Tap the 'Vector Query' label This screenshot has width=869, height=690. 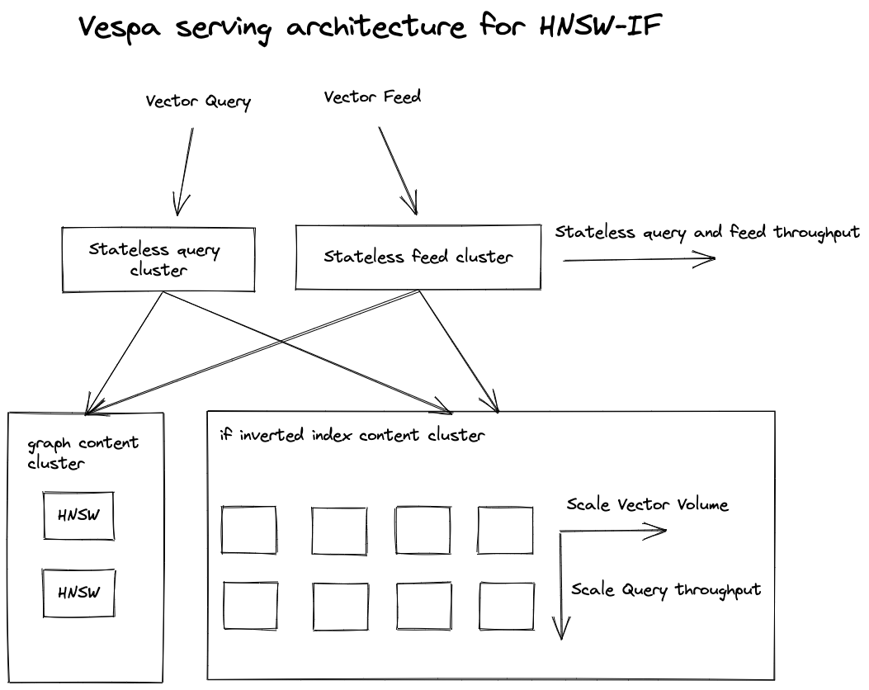click(198, 102)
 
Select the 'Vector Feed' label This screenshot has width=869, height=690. click(372, 97)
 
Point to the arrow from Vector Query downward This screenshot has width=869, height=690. click(184, 172)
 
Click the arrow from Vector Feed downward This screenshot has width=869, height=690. click(398, 171)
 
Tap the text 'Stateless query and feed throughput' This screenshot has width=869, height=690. click(708, 232)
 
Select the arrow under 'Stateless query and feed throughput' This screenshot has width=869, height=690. click(640, 259)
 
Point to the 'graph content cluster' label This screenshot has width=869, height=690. click(83, 453)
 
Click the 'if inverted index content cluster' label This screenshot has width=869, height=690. click(352, 435)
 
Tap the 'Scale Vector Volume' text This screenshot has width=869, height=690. click(647, 504)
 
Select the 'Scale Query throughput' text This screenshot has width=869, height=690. click(666, 589)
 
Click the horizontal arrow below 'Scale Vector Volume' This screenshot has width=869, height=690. click(613, 532)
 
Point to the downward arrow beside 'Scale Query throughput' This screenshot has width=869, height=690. click(561, 585)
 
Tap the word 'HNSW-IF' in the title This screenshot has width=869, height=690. click(601, 26)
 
